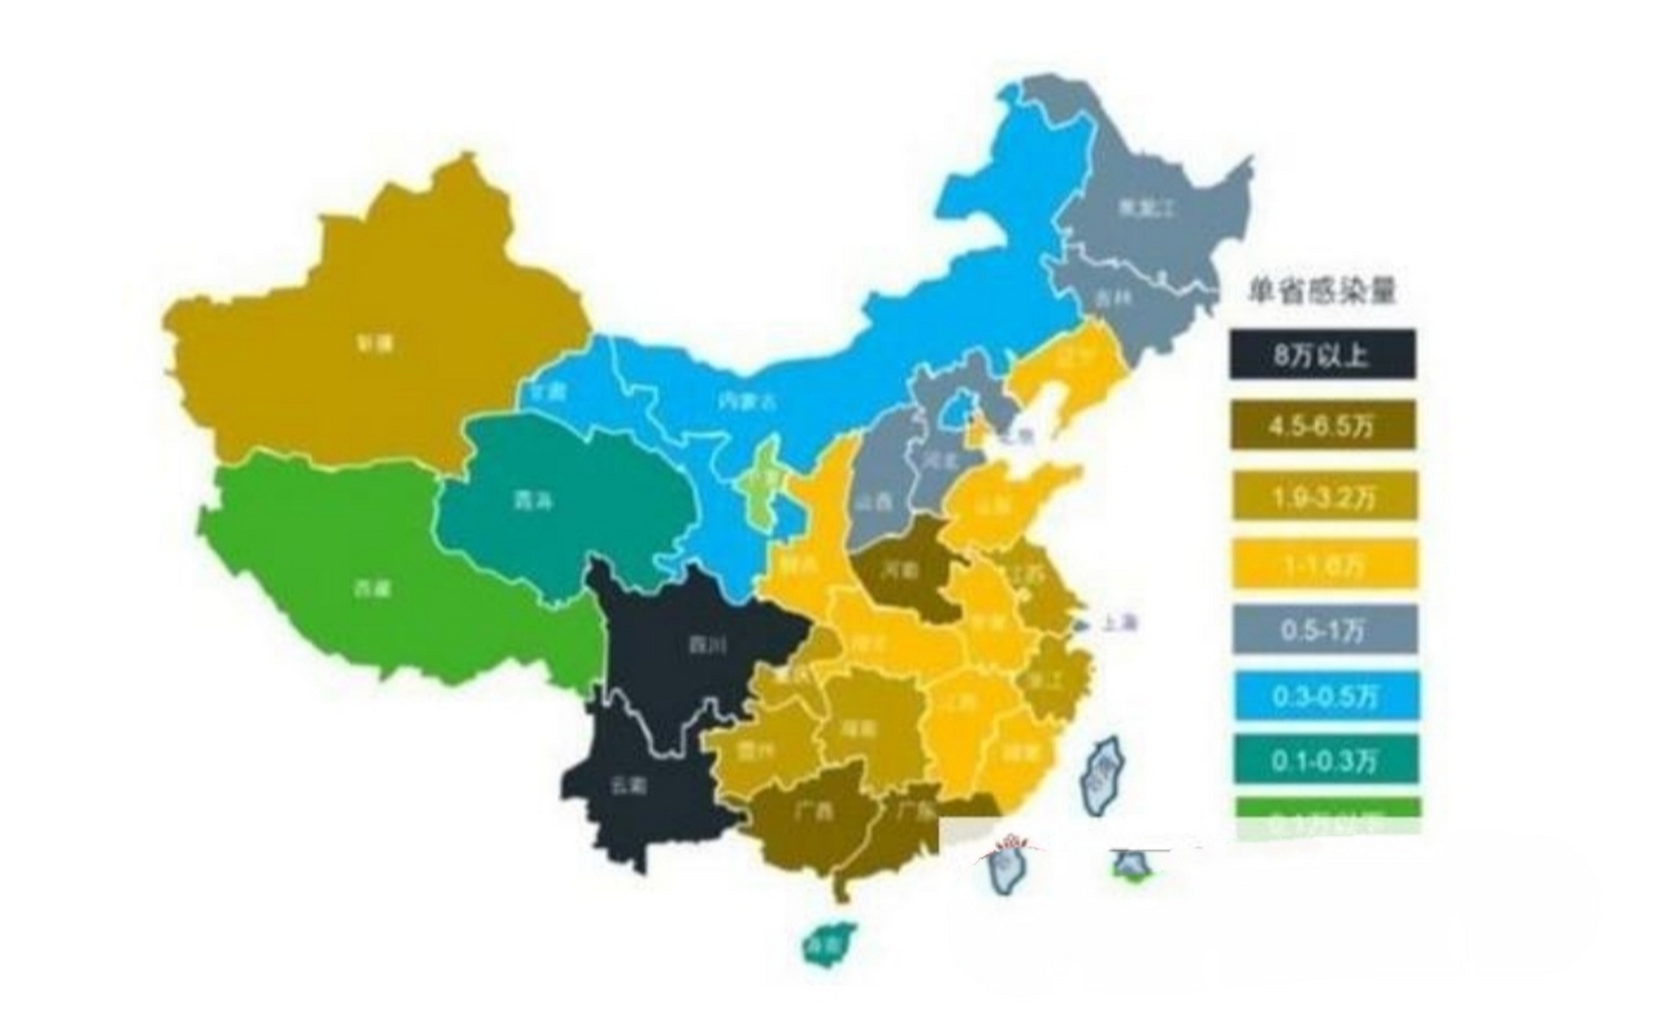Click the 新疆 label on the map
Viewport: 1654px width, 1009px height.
[374, 344]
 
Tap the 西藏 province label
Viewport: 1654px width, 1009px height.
[372, 587]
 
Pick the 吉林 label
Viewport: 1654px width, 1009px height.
[1113, 298]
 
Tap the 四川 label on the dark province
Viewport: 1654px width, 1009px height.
[707, 645]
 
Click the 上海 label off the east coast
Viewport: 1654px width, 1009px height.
[1119, 624]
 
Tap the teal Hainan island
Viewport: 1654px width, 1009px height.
[828, 943]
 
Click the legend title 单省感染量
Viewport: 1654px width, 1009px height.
[1321, 292]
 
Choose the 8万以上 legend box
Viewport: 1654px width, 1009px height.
[1321, 356]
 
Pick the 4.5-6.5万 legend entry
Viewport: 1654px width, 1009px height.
[1321, 426]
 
